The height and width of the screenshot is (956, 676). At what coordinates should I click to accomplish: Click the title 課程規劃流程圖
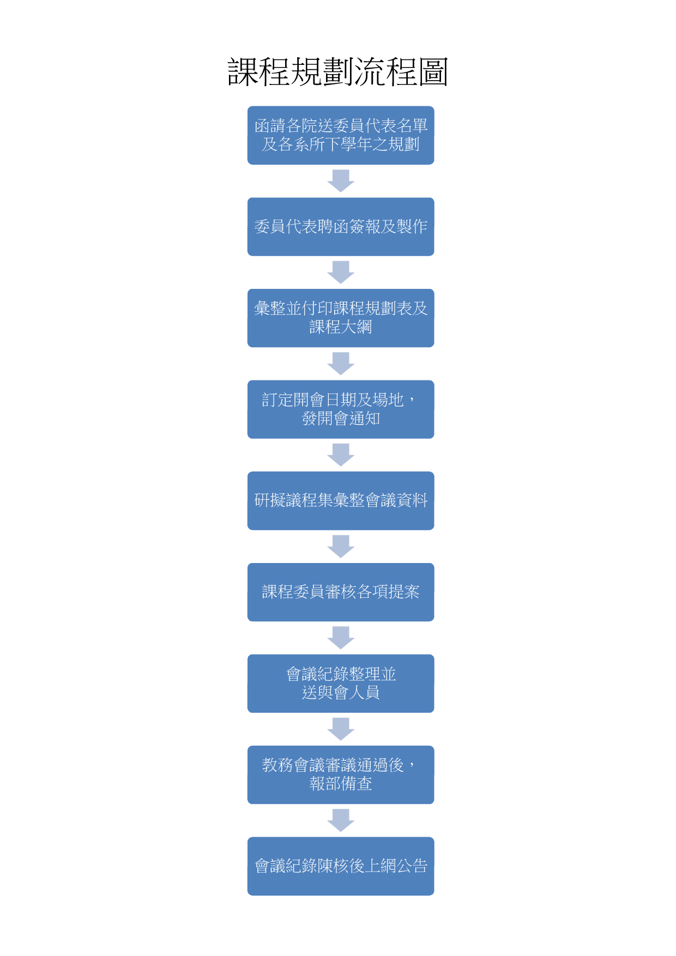pyautogui.click(x=338, y=72)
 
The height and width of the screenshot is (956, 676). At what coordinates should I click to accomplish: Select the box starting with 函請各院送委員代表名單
pyautogui.click(x=341, y=135)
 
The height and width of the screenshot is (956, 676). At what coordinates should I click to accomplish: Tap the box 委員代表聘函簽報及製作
pyautogui.click(x=341, y=227)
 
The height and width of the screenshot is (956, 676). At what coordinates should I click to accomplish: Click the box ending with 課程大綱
pyautogui.click(x=341, y=318)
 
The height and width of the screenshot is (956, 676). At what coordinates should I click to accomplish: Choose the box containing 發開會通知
pyautogui.click(x=341, y=409)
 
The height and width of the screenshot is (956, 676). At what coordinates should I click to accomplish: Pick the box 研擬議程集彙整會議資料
pyautogui.click(x=341, y=501)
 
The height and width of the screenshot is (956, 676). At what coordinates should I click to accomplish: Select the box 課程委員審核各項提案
pyautogui.click(x=341, y=592)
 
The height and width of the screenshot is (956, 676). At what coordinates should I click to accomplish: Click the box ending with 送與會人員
pyautogui.click(x=341, y=683)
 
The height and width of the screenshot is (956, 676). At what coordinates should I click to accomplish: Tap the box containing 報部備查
pyautogui.click(x=341, y=775)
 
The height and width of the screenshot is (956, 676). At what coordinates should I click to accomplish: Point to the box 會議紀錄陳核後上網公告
pyautogui.click(x=341, y=866)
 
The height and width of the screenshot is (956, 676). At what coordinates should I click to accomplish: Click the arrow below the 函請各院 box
pyautogui.click(x=341, y=181)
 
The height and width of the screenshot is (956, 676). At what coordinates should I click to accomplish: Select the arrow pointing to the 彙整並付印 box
pyautogui.click(x=341, y=273)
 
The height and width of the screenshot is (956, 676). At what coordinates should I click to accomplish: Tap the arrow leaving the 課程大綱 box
pyautogui.click(x=341, y=364)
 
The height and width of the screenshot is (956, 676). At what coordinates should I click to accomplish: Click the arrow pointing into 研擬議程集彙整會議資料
pyautogui.click(x=341, y=455)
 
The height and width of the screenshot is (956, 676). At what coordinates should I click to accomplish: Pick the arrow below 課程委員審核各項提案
pyautogui.click(x=341, y=638)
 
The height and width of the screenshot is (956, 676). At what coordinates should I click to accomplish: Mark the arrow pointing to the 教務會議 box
pyautogui.click(x=341, y=729)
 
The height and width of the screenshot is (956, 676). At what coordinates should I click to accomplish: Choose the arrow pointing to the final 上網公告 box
pyautogui.click(x=341, y=820)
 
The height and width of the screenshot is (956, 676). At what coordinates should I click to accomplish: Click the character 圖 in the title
pyautogui.click(x=433, y=72)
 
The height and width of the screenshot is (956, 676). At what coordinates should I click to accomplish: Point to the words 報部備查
pyautogui.click(x=341, y=784)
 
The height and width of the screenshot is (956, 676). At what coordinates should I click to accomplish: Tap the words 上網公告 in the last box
pyautogui.click(x=396, y=866)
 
